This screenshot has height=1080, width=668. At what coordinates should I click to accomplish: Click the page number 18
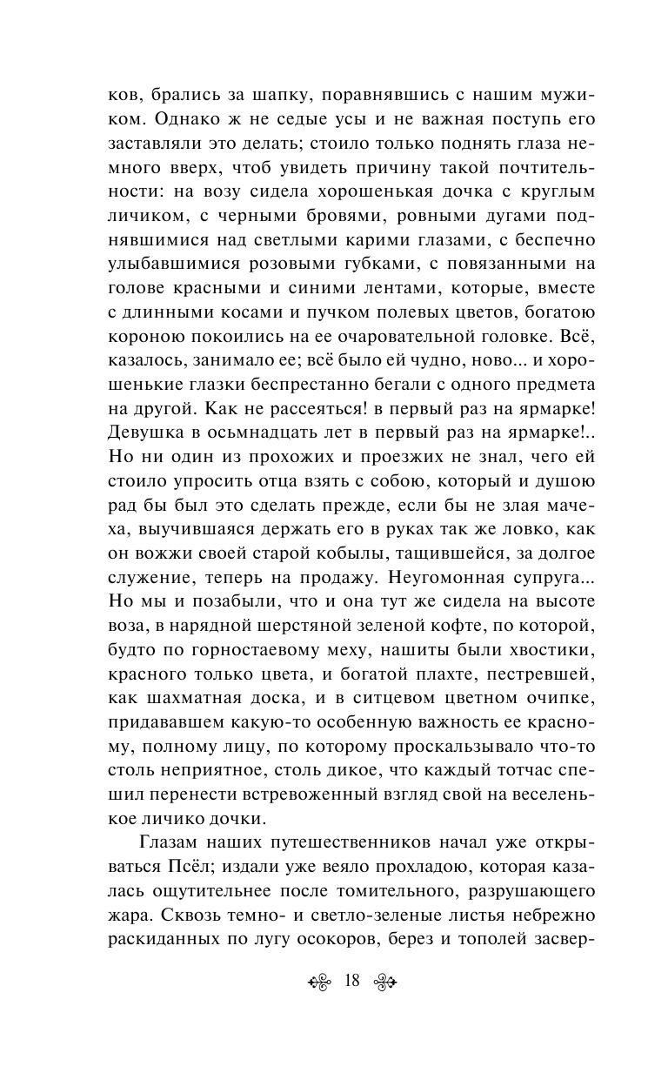[352, 981]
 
